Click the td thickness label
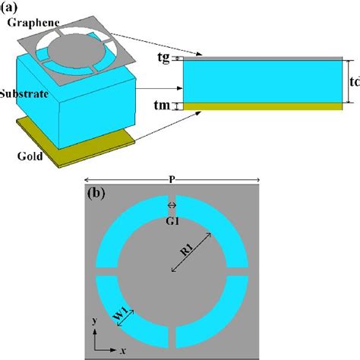pos(353,81)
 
